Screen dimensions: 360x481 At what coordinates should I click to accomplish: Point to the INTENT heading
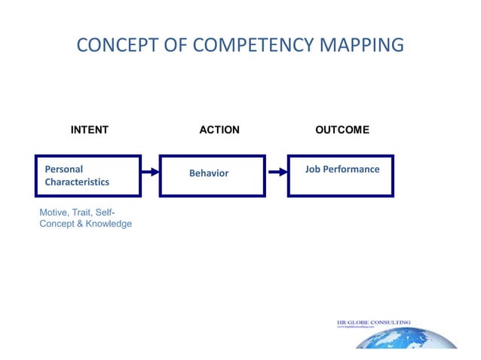(x=89, y=130)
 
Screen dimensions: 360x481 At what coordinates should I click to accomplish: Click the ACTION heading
(x=219, y=130)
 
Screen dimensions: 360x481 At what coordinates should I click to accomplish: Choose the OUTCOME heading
(x=342, y=130)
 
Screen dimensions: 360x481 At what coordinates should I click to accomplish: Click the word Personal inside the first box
(x=64, y=169)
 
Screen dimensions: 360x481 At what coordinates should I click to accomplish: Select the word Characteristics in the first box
(x=77, y=182)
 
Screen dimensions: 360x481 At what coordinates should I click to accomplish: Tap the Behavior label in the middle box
(x=208, y=173)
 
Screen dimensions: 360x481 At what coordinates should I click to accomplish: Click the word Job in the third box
(x=313, y=169)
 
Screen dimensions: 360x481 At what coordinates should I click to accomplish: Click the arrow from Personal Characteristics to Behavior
(x=150, y=172)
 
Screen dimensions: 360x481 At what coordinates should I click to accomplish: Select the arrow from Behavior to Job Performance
(x=277, y=172)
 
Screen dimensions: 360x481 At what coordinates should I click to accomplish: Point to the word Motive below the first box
(x=54, y=212)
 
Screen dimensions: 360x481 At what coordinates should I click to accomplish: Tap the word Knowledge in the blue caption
(x=109, y=224)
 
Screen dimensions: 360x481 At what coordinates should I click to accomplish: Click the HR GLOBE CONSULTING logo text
(x=373, y=322)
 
